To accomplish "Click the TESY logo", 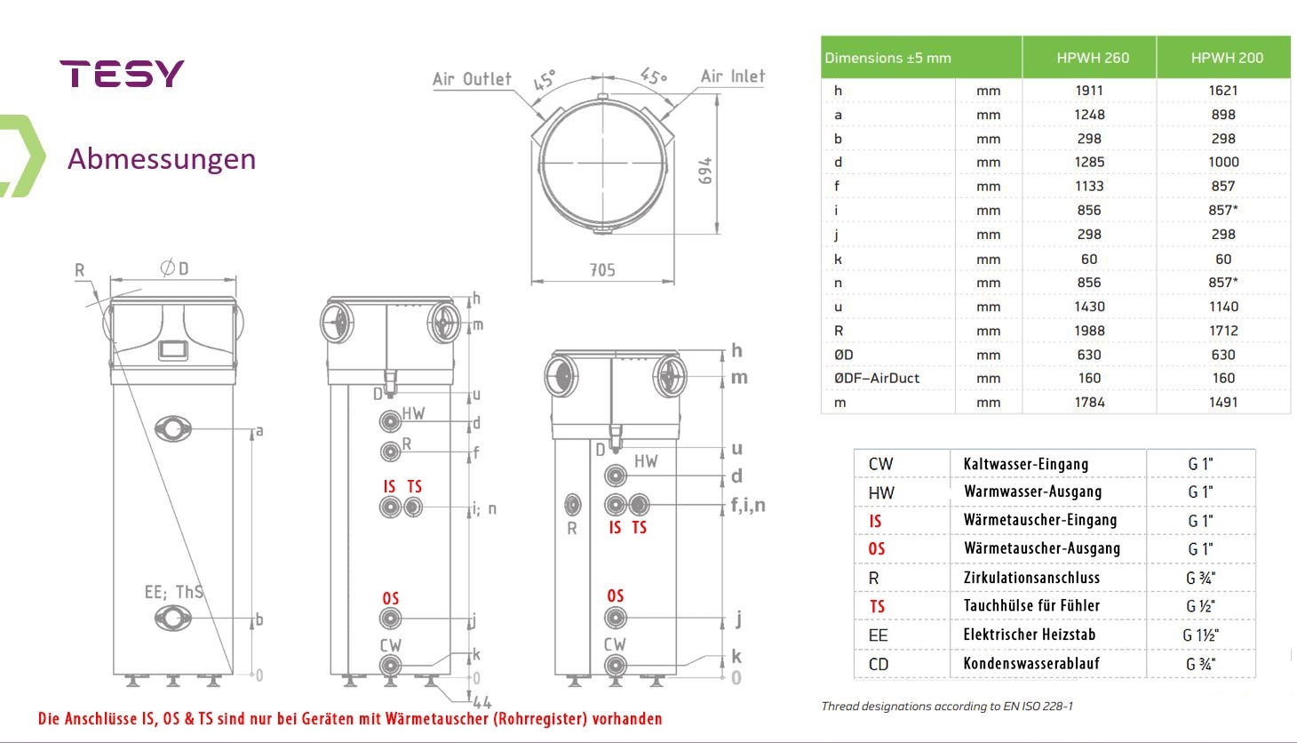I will coord(122,74).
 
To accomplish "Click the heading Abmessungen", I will coord(162,159).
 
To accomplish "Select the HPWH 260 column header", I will coord(1092,58).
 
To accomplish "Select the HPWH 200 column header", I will coord(1226,58).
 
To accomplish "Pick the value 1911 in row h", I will coord(1089,91).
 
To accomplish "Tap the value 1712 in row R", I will coord(1223,331).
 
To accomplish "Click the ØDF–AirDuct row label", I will coord(876,378).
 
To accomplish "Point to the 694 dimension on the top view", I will coord(705,171).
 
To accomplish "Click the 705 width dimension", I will coord(602,270).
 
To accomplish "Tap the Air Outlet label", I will coord(472,79).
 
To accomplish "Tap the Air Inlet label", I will coord(732,76).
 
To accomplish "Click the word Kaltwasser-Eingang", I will coord(1025,464).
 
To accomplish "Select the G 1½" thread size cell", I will coord(1200,635).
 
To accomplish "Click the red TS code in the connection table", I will coord(877,607).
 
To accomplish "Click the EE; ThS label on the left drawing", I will coord(173,592).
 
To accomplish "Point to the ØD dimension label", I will coord(174,268).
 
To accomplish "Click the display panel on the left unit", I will coord(173,350).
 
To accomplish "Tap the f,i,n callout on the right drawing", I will coord(748,506).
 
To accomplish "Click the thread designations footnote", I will coord(947,707).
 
